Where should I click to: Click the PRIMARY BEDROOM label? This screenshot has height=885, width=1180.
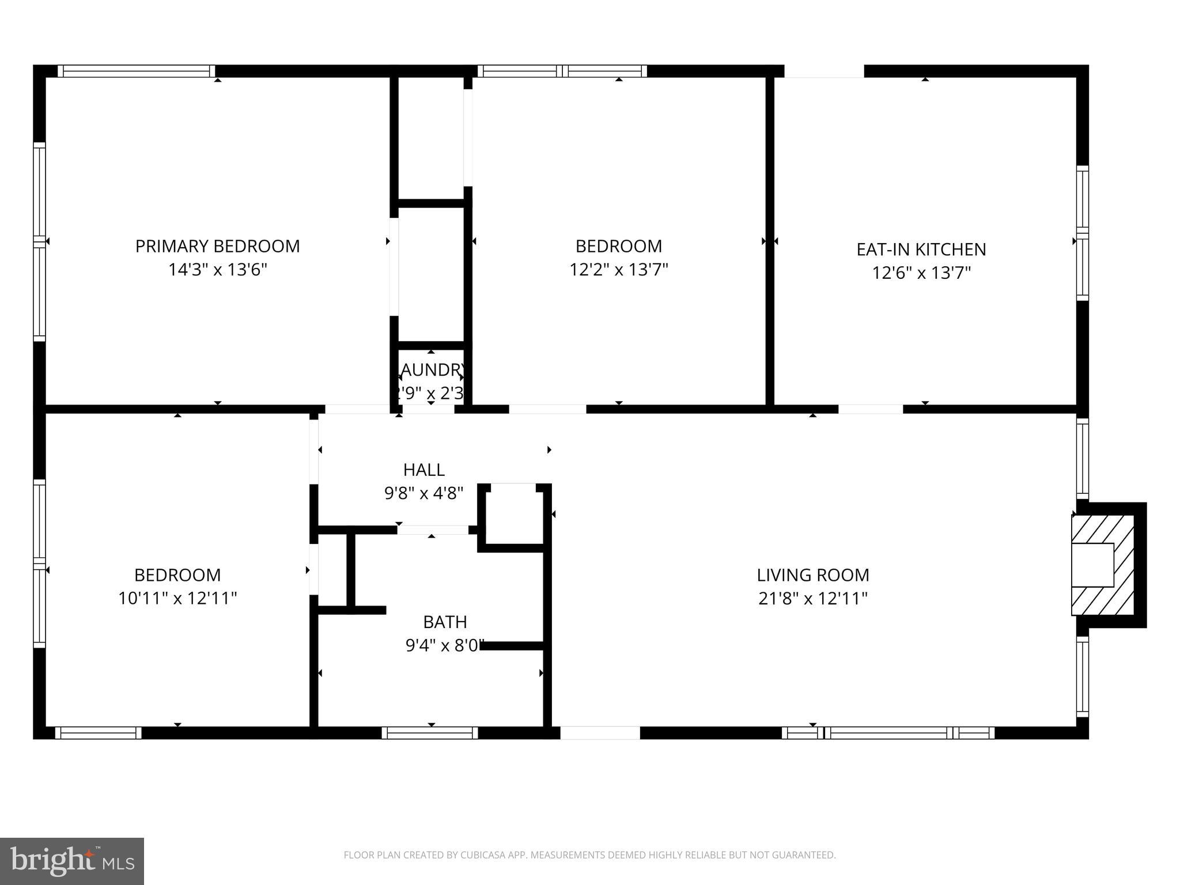click(x=217, y=246)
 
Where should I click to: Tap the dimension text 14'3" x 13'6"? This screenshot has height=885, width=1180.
click(x=217, y=270)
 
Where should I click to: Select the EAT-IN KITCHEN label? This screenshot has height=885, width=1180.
click(x=921, y=249)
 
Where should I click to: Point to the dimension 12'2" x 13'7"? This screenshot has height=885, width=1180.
click(x=618, y=270)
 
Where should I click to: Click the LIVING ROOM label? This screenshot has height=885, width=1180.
click(x=812, y=575)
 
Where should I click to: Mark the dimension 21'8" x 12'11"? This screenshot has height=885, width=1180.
click(x=812, y=599)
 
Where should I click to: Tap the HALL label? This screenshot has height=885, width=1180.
click(x=423, y=470)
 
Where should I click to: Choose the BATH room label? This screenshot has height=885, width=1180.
click(x=445, y=622)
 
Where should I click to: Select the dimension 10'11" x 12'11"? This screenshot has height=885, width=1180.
click(x=177, y=599)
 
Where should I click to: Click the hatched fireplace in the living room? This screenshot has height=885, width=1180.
click(x=1102, y=565)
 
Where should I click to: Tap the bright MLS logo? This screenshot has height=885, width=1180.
click(x=72, y=861)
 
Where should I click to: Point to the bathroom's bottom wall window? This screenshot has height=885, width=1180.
click(x=429, y=733)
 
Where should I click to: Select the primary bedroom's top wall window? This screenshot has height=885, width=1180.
click(x=136, y=71)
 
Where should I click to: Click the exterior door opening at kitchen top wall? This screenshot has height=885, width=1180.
click(x=824, y=71)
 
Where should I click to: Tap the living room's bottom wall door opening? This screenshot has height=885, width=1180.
click(x=600, y=733)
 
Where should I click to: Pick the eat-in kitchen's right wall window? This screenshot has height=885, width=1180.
click(x=1083, y=233)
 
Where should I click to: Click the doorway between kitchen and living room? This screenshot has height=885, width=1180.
click(x=870, y=409)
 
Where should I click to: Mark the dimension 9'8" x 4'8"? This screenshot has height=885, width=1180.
click(x=423, y=494)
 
